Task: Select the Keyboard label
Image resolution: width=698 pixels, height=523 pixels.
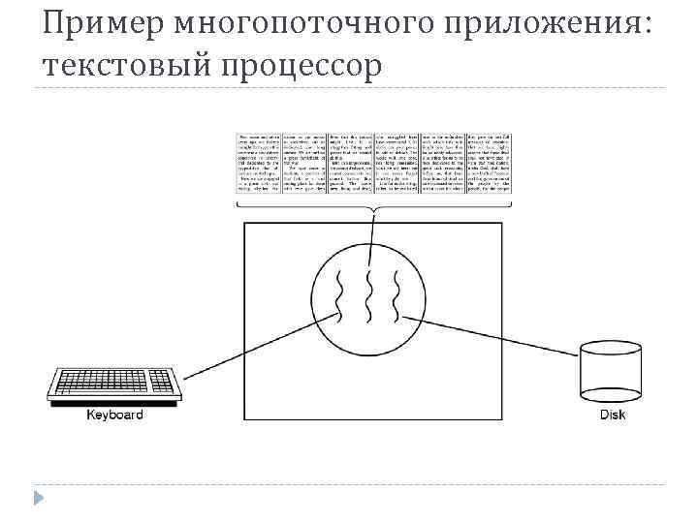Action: [x=114, y=415]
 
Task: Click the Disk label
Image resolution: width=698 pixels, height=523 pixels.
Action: [x=613, y=415]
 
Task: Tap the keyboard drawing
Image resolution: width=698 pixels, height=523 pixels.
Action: [x=114, y=386]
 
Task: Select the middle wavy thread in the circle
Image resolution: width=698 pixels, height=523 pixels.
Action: [x=370, y=297]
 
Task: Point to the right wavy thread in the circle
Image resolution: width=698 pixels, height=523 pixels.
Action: [x=397, y=297]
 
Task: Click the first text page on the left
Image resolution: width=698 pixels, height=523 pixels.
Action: [x=259, y=163]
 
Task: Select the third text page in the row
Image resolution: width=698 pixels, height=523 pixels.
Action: [x=350, y=163]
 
